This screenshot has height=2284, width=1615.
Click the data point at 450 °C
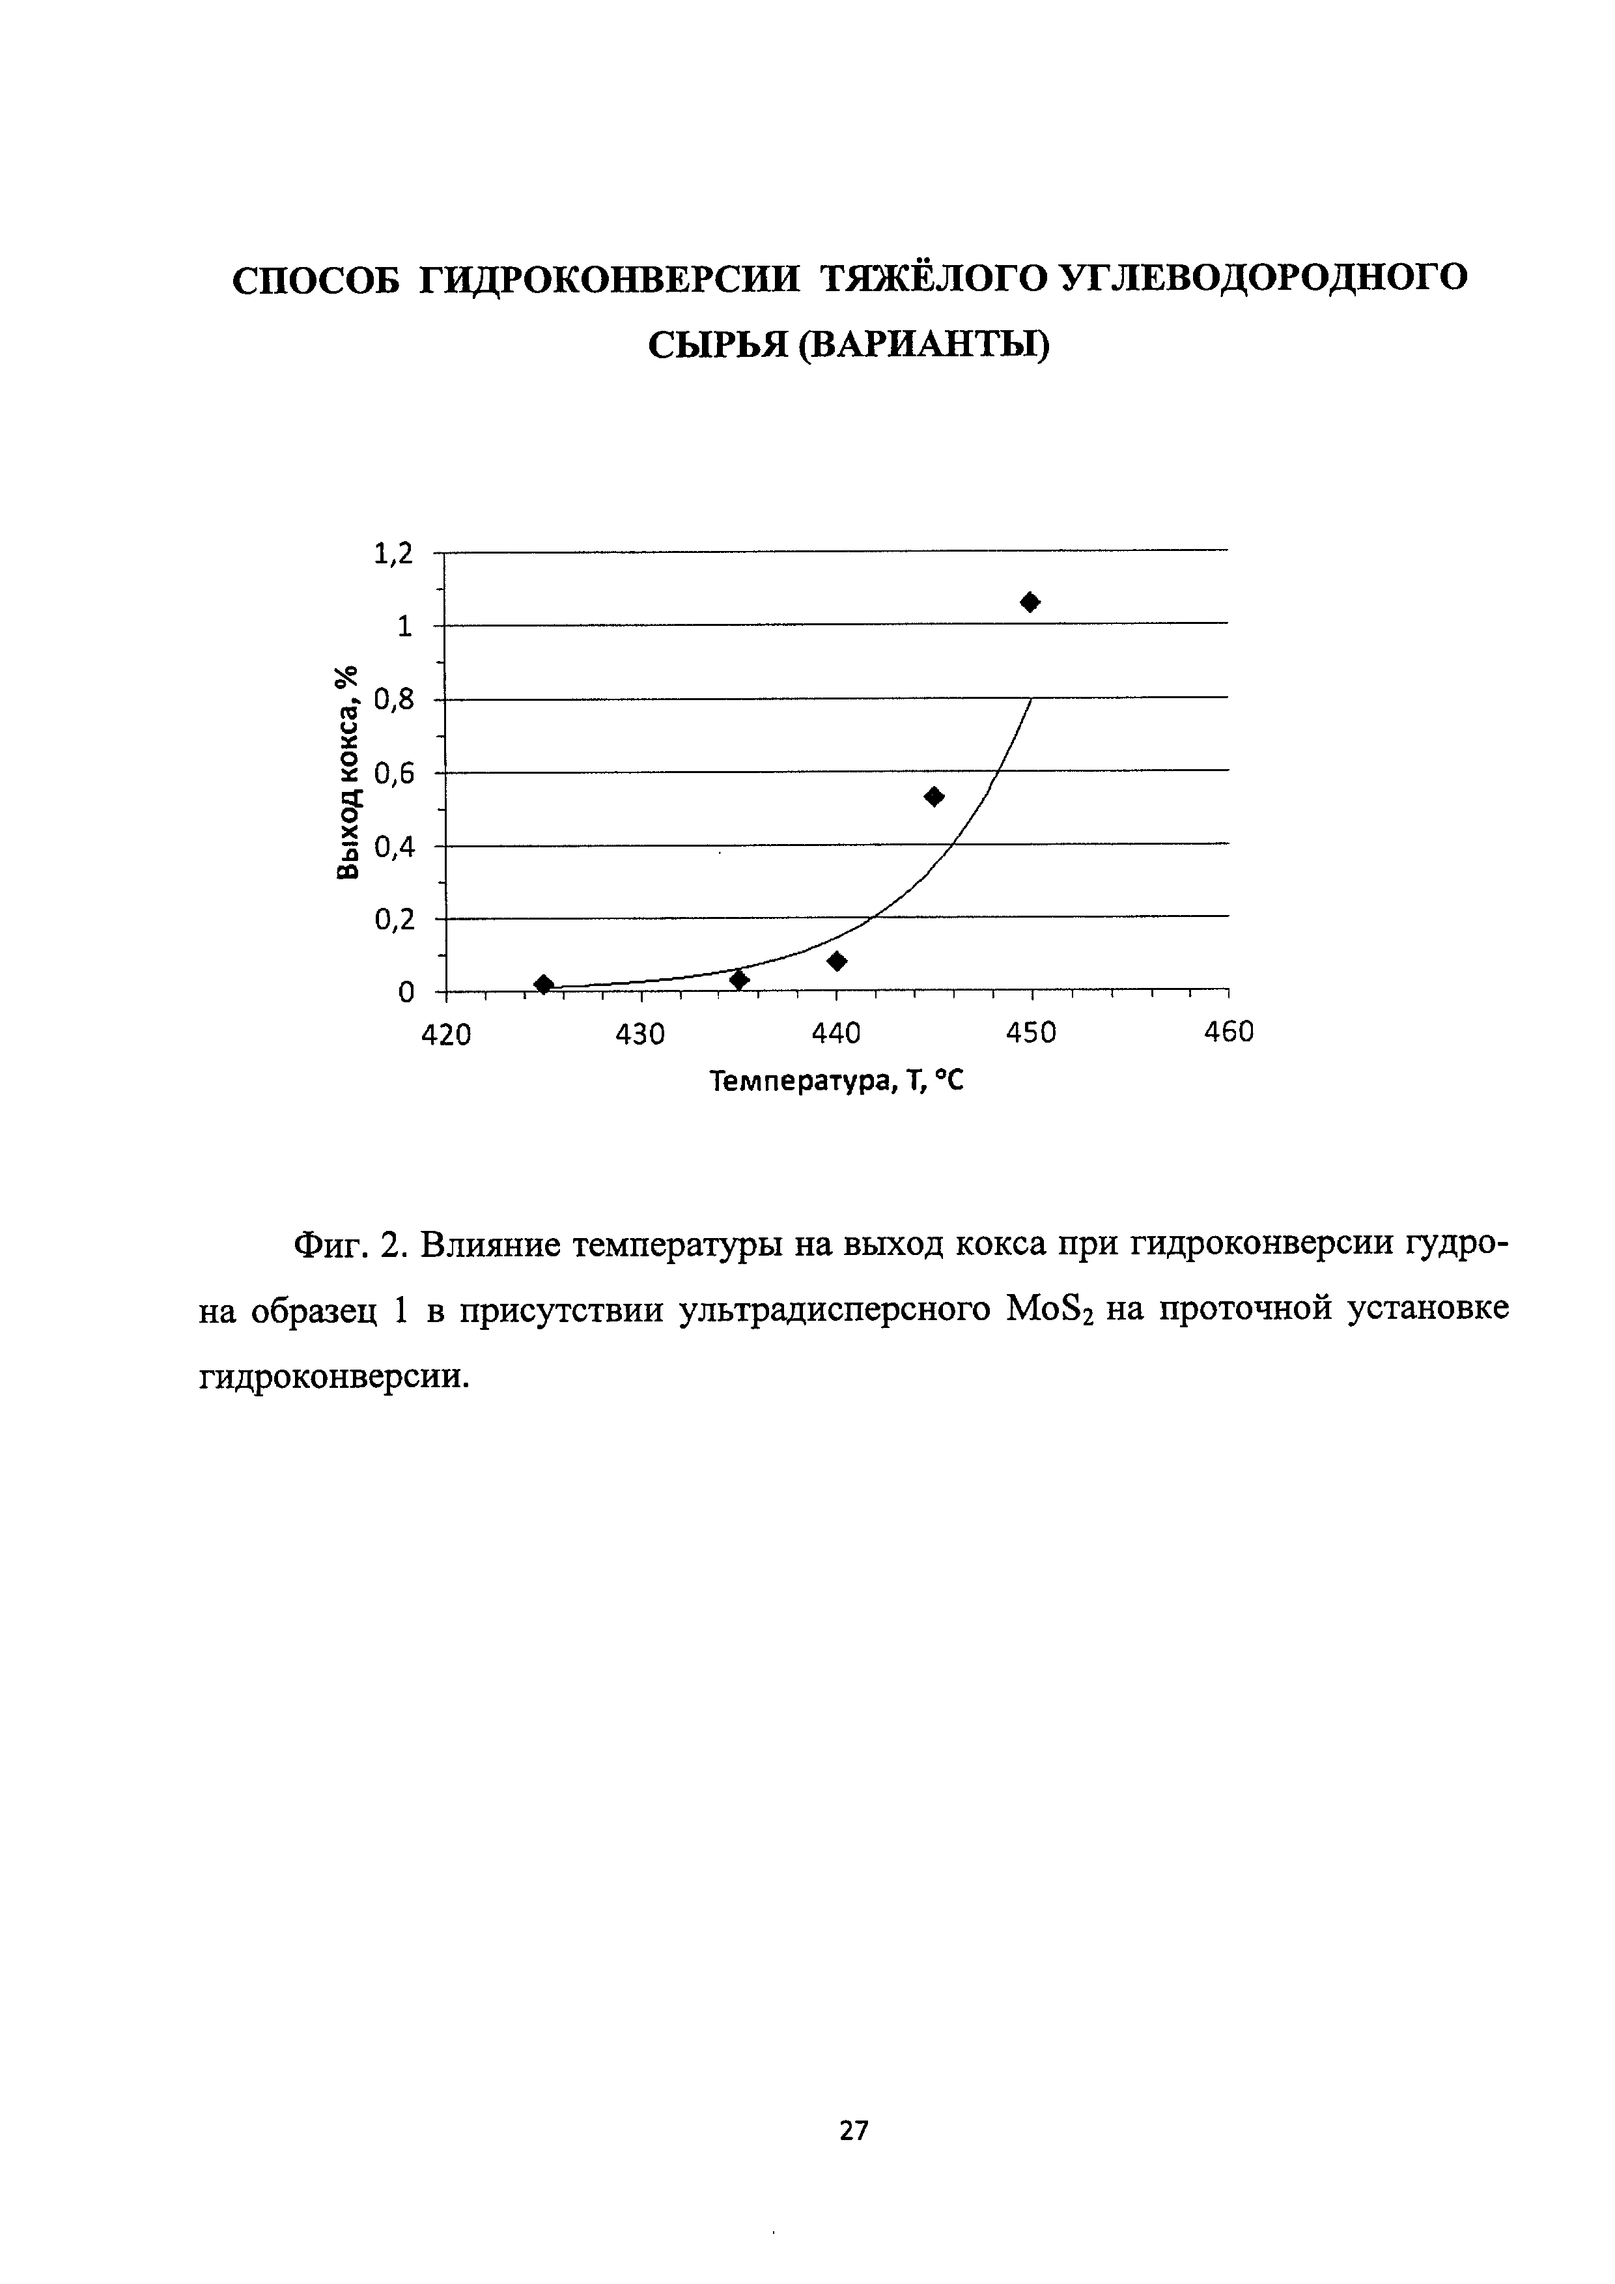1030,602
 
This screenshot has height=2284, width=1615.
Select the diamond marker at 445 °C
934,796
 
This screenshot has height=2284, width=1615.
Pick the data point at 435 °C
739,980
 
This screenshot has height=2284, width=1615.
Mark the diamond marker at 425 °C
543,984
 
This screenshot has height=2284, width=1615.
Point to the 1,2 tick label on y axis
392,553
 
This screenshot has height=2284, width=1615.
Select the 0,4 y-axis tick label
392,847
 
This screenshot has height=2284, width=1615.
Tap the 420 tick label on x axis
445,1035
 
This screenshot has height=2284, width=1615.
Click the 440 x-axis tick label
836,1035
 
